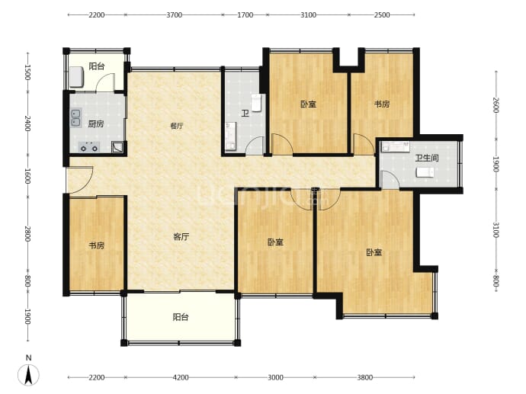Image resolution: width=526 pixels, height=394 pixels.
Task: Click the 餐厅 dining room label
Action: pos(176,126)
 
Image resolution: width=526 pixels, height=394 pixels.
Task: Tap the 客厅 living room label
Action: pos(181,237)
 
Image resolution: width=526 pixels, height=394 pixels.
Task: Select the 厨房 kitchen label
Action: pos(95,123)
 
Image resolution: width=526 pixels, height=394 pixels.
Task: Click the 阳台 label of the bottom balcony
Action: pos(181,317)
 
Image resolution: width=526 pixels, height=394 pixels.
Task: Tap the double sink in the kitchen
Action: pos(76,117)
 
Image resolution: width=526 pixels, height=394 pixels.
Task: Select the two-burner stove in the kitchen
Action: pos(88,146)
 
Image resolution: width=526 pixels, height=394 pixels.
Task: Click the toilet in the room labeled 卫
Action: pos(257,103)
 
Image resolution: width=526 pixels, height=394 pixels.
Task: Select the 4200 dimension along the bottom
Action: pos(180,377)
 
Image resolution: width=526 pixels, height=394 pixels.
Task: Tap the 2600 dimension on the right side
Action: pos(496,106)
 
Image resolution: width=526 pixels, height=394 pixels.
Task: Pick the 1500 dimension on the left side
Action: pos(27,72)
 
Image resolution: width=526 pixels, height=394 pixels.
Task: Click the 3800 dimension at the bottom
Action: pos(365,377)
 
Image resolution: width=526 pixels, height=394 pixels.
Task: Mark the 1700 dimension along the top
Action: pos(245,15)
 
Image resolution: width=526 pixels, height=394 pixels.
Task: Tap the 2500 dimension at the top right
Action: pos(382,15)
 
